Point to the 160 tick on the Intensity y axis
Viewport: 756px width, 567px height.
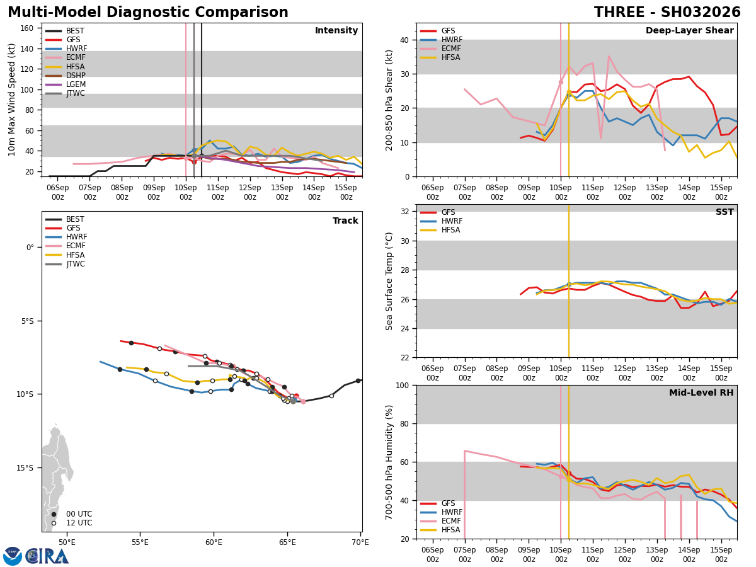[29, 28]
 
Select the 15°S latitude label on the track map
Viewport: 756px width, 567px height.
[25, 467]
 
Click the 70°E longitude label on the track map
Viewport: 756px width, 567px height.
[360, 542]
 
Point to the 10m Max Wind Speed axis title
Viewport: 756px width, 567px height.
[12, 100]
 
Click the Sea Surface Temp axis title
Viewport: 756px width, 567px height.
[389, 281]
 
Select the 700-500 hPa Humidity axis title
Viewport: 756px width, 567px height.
[389, 462]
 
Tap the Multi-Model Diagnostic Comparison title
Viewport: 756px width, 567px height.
[148, 13]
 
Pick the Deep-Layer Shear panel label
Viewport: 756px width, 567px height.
[689, 31]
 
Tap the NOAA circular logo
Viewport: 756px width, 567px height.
[13, 556]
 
